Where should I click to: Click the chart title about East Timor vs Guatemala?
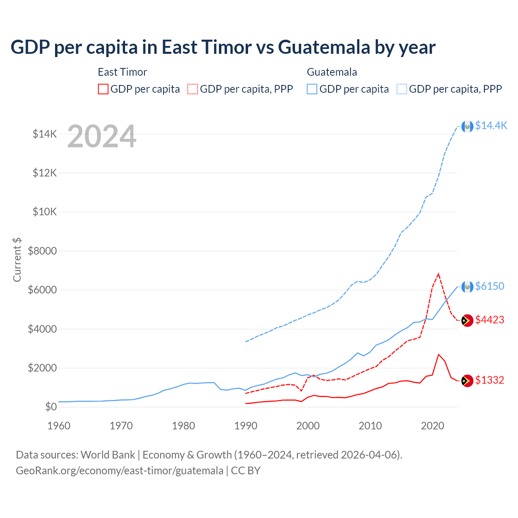(223, 47)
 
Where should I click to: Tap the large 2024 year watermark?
(102, 136)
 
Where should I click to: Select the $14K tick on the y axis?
(45, 134)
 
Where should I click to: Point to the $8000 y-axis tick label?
(42, 251)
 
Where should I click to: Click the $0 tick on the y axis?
(51, 407)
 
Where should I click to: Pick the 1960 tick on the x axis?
(59, 426)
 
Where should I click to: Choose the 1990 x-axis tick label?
(246, 426)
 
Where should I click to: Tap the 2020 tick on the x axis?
(433, 426)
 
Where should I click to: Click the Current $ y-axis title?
(17, 260)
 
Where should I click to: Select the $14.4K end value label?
(491, 125)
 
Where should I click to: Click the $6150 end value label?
(490, 286)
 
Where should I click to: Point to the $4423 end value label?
(490, 320)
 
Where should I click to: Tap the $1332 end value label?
(490, 380)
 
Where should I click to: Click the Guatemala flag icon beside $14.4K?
(467, 126)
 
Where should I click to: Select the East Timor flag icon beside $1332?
(467, 381)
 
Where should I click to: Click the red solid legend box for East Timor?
(103, 89)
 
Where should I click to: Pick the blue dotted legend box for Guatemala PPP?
(402, 89)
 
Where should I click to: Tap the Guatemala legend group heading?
(332, 72)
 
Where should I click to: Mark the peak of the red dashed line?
(438, 274)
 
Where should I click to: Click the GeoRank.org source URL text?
(119, 471)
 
